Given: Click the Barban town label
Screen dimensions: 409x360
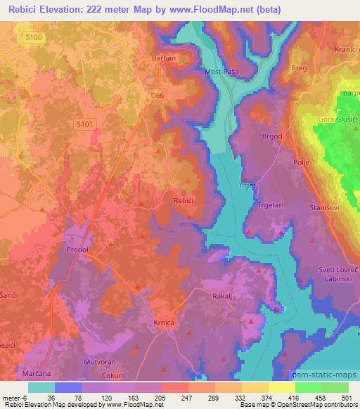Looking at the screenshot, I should (163, 59).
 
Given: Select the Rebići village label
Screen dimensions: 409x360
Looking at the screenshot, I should (184, 201).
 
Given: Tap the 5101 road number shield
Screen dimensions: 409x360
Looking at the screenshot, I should (84, 124).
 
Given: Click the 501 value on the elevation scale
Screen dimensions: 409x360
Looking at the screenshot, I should (348, 397).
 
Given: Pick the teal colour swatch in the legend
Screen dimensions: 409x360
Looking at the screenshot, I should (41, 387).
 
